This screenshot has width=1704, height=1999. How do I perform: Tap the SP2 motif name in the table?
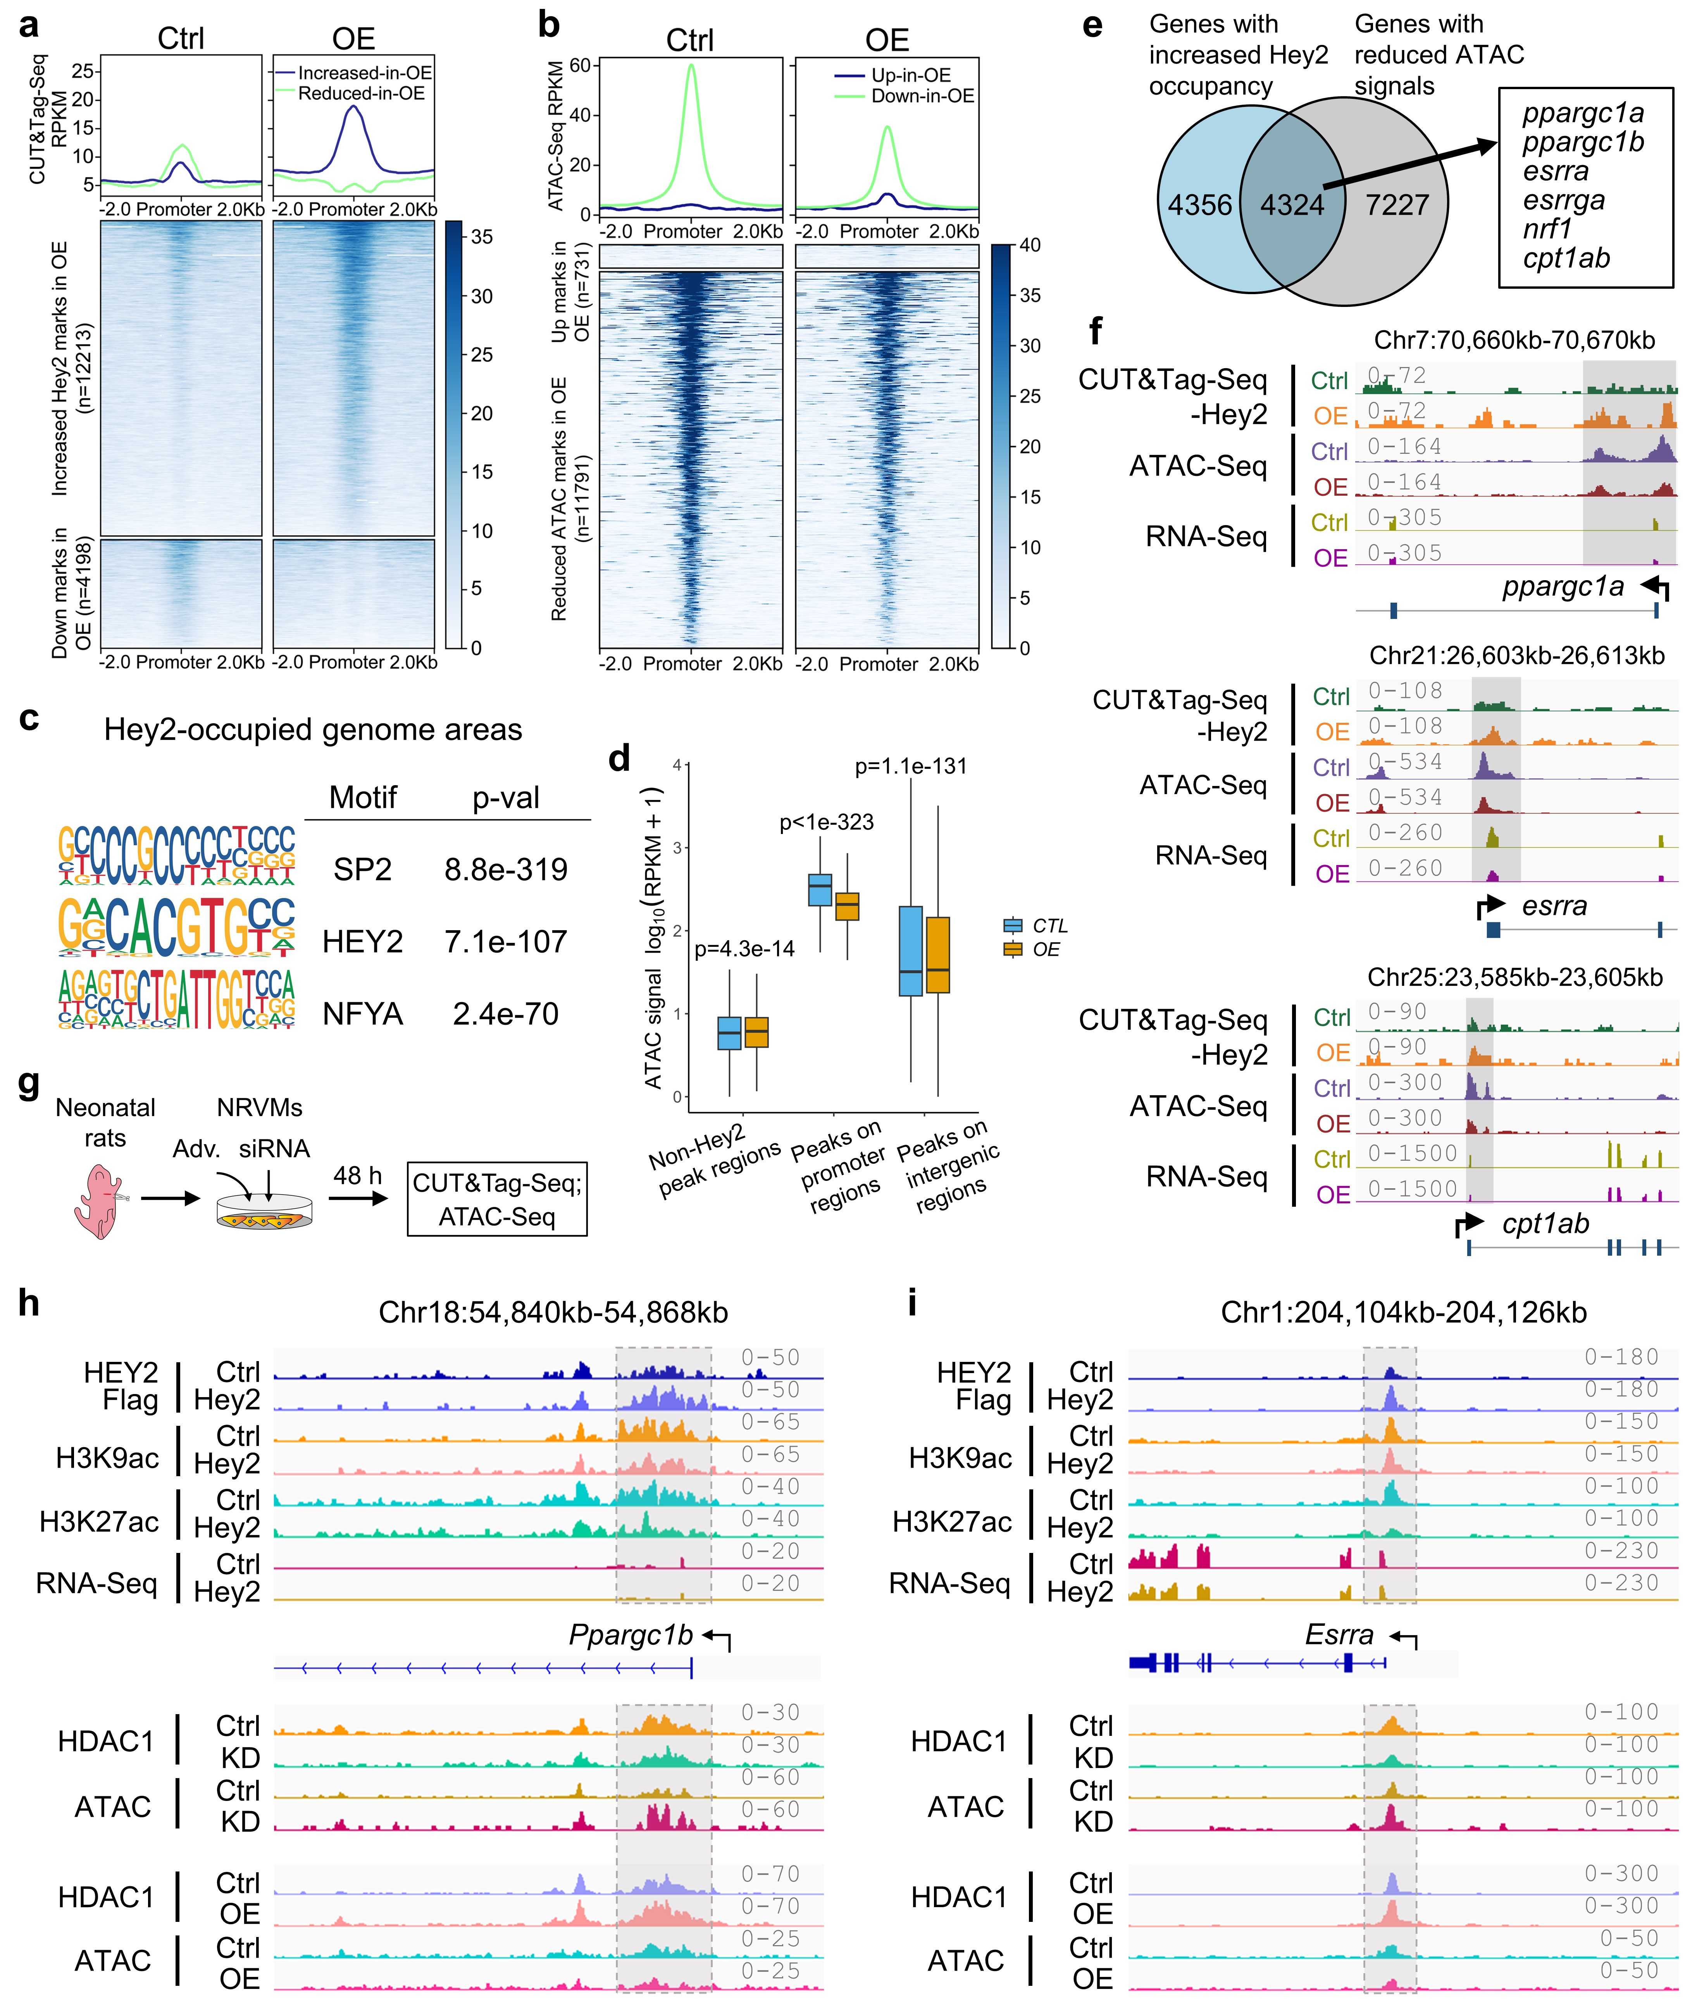[x=362, y=869]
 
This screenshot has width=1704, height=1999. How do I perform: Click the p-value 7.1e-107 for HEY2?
[x=506, y=942]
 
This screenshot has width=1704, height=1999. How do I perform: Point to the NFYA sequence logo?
[x=177, y=999]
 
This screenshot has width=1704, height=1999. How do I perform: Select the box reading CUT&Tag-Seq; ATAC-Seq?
[x=497, y=1199]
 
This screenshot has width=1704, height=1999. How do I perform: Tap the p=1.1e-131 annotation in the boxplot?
[x=910, y=766]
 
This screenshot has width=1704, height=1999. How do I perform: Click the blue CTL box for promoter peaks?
[x=819, y=889]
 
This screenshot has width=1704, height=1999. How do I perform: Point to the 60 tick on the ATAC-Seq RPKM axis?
[x=580, y=65]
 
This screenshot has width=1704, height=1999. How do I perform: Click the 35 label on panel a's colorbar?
[x=481, y=236]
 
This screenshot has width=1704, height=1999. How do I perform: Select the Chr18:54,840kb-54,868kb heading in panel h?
[x=553, y=1312]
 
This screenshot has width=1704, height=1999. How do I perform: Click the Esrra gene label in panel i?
[x=1338, y=1635]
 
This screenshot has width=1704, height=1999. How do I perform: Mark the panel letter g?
[x=29, y=1084]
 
